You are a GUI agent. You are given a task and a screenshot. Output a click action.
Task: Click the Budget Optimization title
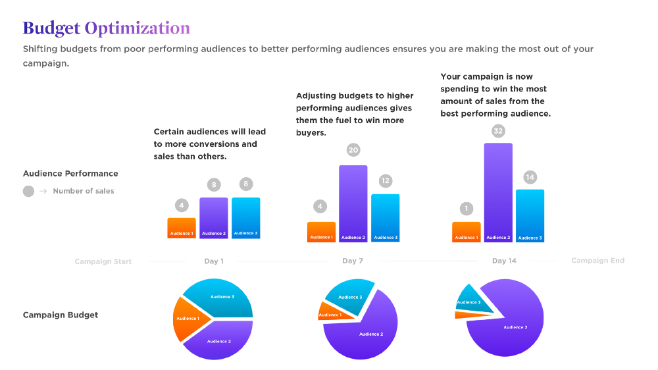[106, 28]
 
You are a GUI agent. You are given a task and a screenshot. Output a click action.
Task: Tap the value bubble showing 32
[498, 131]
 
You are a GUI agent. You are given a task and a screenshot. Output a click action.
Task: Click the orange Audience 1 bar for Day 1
[182, 228]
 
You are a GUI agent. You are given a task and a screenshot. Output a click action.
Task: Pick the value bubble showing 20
[353, 150]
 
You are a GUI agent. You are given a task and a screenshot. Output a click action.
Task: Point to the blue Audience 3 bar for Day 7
[385, 217]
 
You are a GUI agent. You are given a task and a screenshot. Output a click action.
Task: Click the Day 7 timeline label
[353, 261]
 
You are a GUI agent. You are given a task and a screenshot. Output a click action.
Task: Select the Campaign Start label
[103, 261]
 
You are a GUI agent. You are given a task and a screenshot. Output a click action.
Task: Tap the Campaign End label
[597, 261]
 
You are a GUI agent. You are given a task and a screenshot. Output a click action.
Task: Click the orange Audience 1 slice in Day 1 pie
[189, 319]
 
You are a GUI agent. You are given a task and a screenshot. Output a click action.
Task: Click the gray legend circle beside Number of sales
[28, 192]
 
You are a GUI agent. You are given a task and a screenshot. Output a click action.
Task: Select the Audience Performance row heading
[70, 174]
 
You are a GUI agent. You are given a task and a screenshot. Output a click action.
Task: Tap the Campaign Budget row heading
[61, 315]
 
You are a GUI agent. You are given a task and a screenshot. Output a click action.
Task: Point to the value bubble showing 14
[530, 176]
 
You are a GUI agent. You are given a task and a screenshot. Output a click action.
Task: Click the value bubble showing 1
[467, 209]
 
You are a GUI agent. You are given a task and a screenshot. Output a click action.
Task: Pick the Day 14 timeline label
[504, 261]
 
